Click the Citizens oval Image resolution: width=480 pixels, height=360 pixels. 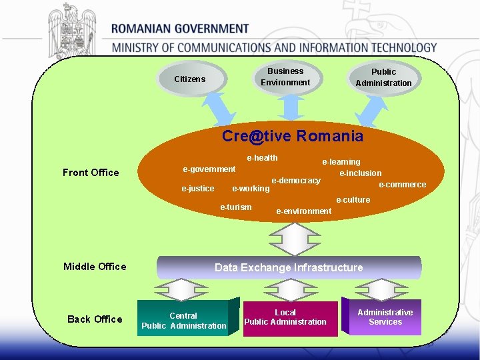pos(190,79)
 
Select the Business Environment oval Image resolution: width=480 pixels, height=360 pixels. pos(285,77)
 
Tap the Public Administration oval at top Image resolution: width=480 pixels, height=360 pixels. pos(383,77)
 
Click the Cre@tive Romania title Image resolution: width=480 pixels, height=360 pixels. pos(293,137)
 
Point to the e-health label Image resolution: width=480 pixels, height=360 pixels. pos(262,158)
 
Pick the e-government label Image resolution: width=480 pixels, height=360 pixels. pos(209,169)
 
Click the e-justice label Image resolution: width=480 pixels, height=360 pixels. pos(198,189)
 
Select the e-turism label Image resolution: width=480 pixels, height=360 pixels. pos(236,207)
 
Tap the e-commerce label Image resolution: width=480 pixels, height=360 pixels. pos(402,185)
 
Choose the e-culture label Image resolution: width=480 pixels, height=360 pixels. pos(353,200)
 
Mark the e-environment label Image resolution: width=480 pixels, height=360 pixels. pos(303,211)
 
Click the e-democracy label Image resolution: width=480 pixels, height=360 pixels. pos(295,181)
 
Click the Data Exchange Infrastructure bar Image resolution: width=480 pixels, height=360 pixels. pos(289,267)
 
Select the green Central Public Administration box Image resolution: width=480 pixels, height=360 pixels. pos(184,321)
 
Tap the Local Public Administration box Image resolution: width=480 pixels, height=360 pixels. pos(285,317)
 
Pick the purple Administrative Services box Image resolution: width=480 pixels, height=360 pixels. pos(385,317)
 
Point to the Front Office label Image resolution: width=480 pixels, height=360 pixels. pos(91,173)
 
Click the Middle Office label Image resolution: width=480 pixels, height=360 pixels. pos(95,267)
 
